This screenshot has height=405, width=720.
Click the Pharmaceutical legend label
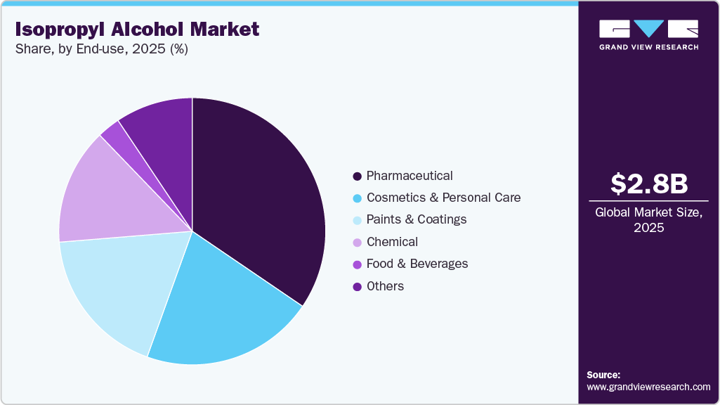410,176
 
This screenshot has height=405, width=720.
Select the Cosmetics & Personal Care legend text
443,198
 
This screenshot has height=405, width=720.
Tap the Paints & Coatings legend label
417,219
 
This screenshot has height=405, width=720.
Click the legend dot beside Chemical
358,243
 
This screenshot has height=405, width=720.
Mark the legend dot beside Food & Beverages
358,264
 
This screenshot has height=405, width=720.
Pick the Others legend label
385,286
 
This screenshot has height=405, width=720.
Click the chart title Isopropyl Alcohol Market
136,29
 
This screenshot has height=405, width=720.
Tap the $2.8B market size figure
648,184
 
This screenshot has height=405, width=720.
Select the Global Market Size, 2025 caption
648,219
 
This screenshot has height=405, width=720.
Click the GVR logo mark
648,29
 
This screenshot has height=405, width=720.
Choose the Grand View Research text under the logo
648,47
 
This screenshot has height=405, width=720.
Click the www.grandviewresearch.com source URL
648,387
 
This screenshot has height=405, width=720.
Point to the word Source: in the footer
603,375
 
